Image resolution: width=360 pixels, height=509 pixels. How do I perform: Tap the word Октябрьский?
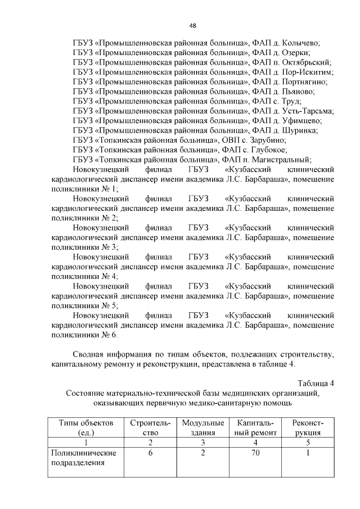(x=304, y=62)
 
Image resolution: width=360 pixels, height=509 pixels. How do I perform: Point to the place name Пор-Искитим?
(x=307, y=72)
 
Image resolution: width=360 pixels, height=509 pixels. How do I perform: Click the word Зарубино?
(x=265, y=140)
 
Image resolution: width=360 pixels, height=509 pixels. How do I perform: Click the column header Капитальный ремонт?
(x=256, y=427)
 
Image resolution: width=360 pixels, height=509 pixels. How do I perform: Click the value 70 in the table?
(x=256, y=453)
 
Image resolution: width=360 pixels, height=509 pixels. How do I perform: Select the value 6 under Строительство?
(x=150, y=453)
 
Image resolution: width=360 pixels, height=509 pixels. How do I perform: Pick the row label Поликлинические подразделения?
(x=83, y=458)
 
